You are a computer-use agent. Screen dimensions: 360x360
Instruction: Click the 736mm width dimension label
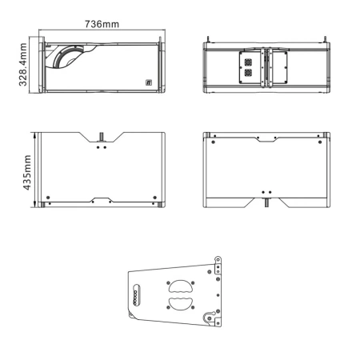(x=102, y=24)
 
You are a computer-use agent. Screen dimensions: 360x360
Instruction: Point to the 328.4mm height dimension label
(x=23, y=65)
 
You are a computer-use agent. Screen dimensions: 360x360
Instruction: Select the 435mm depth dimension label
(x=27, y=173)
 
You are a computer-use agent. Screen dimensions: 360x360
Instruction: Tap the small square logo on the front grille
(x=149, y=82)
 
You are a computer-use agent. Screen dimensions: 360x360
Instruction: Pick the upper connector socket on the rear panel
(x=248, y=62)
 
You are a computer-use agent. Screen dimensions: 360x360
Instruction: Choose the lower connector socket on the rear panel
(x=248, y=73)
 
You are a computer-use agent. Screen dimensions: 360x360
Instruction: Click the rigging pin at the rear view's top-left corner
(x=208, y=39)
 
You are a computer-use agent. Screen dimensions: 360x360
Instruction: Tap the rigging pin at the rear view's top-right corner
(x=325, y=39)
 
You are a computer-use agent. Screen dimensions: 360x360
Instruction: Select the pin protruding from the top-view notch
(x=102, y=137)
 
